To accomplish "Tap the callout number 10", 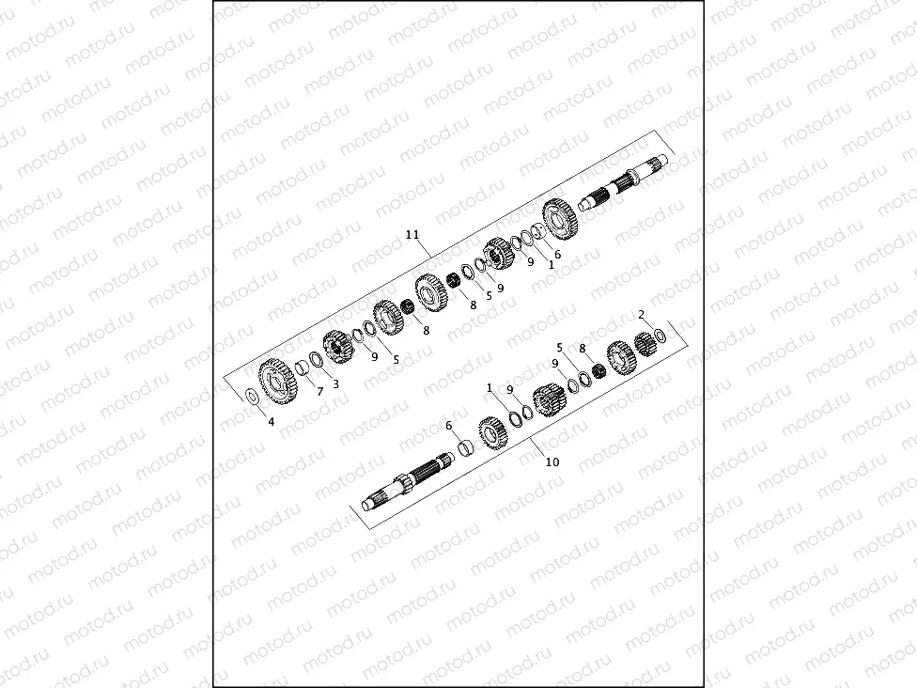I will [x=552, y=461].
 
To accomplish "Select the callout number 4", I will [x=272, y=422].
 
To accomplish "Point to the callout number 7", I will [x=319, y=391].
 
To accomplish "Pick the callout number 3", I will [x=335, y=383].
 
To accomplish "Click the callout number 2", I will [x=641, y=314].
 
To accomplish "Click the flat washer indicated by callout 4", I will [x=252, y=395].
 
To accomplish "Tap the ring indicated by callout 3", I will [x=317, y=360].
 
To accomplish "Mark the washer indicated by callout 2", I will [x=661, y=336].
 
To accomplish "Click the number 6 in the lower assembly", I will [x=449, y=425].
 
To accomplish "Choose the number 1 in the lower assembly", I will [x=490, y=386].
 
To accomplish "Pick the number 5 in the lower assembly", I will [x=559, y=347].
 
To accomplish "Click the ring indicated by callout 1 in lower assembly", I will [x=514, y=417].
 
